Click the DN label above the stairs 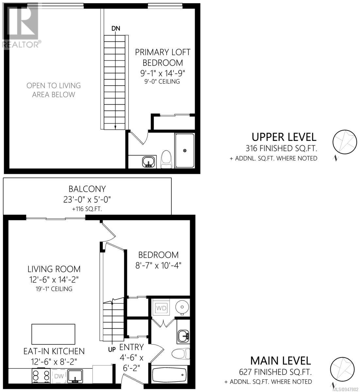tap(116, 28)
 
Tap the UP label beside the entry tap(112, 349)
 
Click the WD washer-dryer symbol tap(161, 308)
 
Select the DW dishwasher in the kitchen tap(59, 376)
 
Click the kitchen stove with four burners tap(41, 375)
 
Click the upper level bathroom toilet tap(166, 159)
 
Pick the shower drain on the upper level tap(185, 150)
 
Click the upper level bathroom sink tap(148, 162)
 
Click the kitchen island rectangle tap(53, 334)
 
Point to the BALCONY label tap(87, 189)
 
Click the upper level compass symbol tap(345, 142)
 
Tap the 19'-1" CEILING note tap(54, 289)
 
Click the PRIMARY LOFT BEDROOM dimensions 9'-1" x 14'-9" tap(163, 73)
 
